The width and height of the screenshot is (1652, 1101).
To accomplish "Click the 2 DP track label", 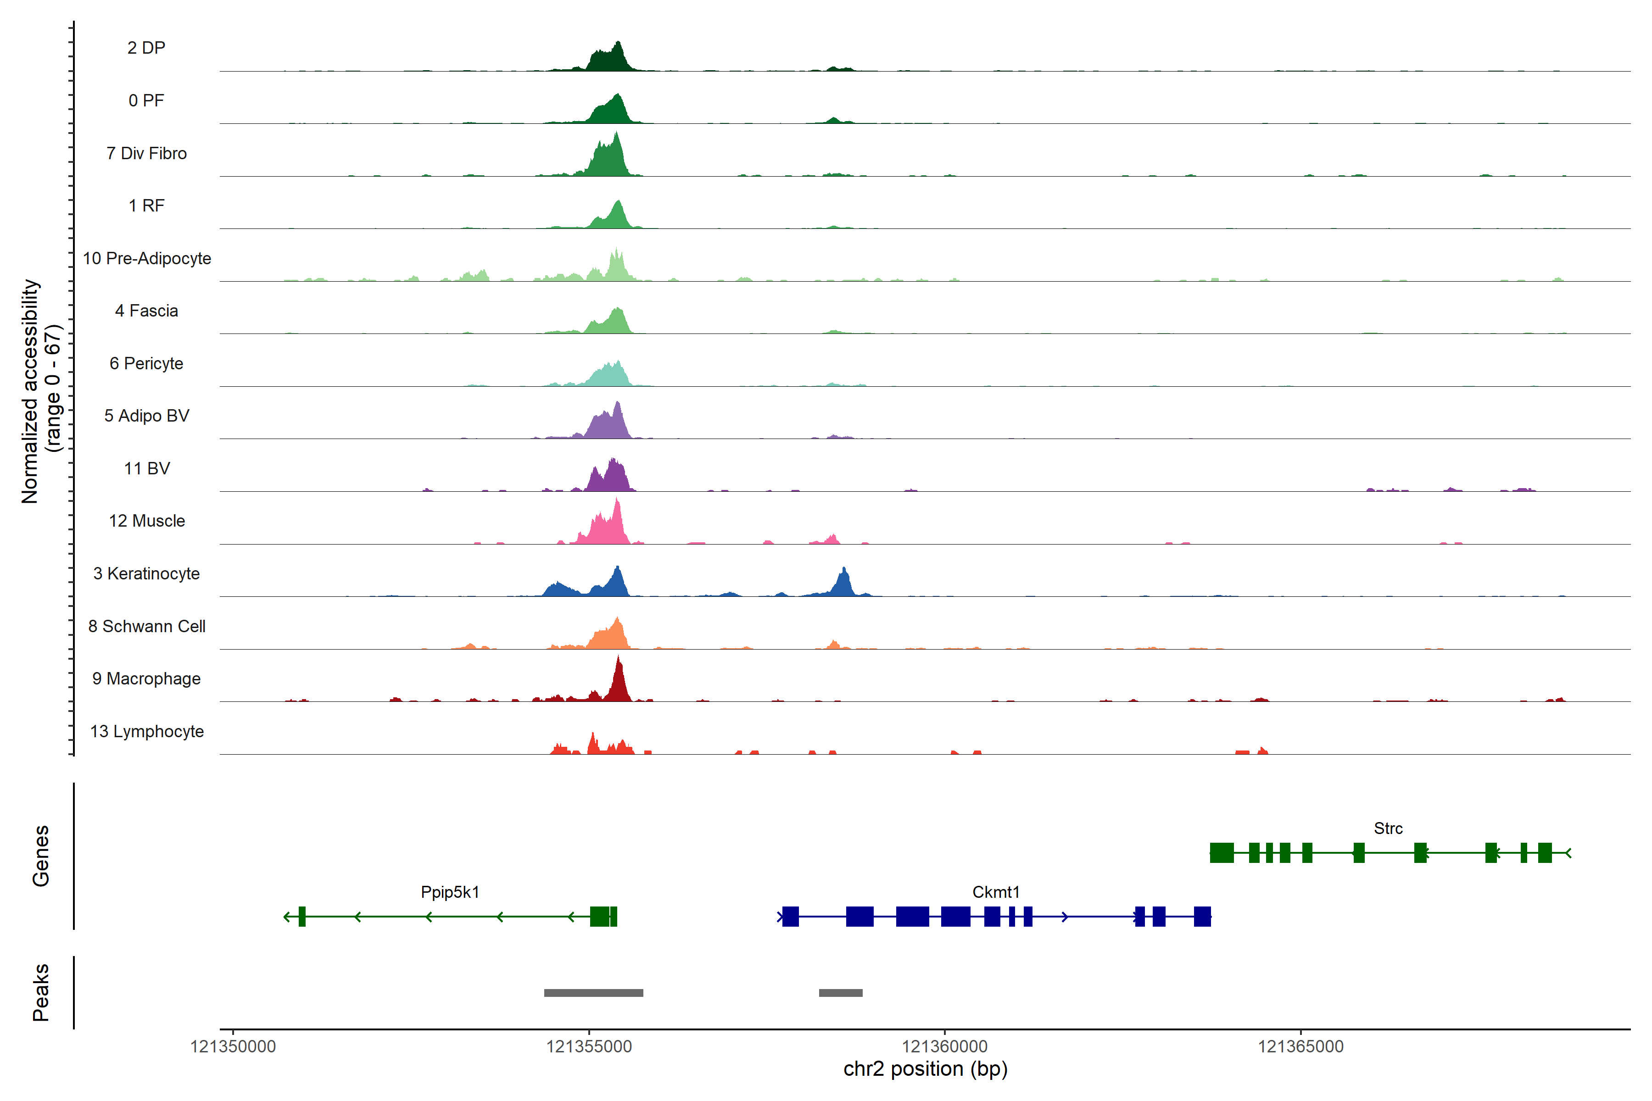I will [146, 48].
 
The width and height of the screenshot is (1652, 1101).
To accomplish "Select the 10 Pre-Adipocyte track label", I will [147, 258].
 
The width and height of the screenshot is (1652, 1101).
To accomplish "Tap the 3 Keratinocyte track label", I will [146, 574].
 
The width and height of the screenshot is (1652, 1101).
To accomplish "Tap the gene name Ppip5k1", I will [450, 892].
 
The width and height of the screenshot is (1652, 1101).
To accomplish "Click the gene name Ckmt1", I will [995, 892].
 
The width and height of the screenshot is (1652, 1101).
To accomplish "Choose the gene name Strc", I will [1388, 829].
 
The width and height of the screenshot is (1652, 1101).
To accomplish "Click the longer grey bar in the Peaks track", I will [593, 993].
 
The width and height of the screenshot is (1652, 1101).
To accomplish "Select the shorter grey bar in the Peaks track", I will [840, 993].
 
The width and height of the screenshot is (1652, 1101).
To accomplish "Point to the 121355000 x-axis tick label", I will [589, 1047].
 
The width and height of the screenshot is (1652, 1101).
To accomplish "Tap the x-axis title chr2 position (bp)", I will [925, 1069].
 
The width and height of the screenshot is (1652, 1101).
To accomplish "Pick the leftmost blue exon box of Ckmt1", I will [790, 916].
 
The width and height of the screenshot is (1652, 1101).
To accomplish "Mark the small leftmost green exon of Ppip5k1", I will [302, 916].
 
